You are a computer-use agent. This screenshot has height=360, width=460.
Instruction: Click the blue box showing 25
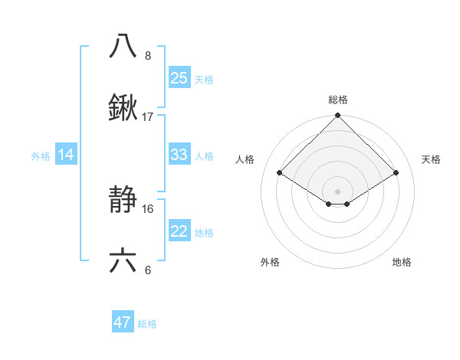[x=179, y=78]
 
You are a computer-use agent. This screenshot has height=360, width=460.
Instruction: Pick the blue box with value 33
[x=179, y=155]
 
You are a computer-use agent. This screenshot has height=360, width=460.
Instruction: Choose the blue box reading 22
[x=179, y=231]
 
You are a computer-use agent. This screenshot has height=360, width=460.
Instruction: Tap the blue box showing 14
[x=66, y=155]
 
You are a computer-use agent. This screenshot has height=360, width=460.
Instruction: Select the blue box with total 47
[x=122, y=322]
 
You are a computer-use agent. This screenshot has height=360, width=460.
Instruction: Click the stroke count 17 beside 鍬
[x=148, y=117]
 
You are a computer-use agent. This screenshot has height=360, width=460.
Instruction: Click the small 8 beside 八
[x=148, y=56]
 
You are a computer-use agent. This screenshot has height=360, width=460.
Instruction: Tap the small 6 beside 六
[x=148, y=270]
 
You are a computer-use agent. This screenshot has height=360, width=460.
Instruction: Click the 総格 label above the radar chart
[x=338, y=100]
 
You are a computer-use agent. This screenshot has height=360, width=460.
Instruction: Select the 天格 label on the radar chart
[x=431, y=159]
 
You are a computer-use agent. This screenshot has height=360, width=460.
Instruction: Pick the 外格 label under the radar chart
[x=270, y=262]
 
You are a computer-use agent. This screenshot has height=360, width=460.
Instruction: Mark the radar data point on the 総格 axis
[x=337, y=116]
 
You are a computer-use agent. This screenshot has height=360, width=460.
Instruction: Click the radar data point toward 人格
[x=279, y=173]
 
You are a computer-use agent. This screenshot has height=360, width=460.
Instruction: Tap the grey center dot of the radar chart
[x=337, y=191]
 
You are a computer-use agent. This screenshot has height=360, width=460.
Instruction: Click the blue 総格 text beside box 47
[x=147, y=324]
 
